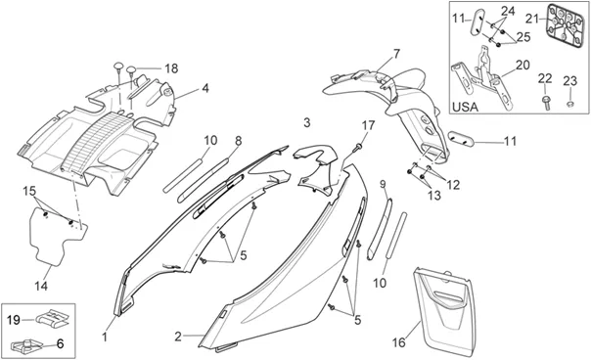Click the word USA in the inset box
[465, 107]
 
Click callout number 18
[171, 68]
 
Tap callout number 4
[205, 88]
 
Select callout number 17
[369, 125]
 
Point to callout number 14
[41, 286]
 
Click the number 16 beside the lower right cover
[399, 342]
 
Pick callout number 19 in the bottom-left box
[14, 321]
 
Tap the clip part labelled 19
[52, 317]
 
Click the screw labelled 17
[357, 148]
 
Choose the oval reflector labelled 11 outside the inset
[461, 138]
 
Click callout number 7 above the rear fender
[396, 54]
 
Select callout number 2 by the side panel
[178, 337]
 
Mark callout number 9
[383, 184]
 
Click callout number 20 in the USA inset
[523, 65]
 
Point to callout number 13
[434, 196]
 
